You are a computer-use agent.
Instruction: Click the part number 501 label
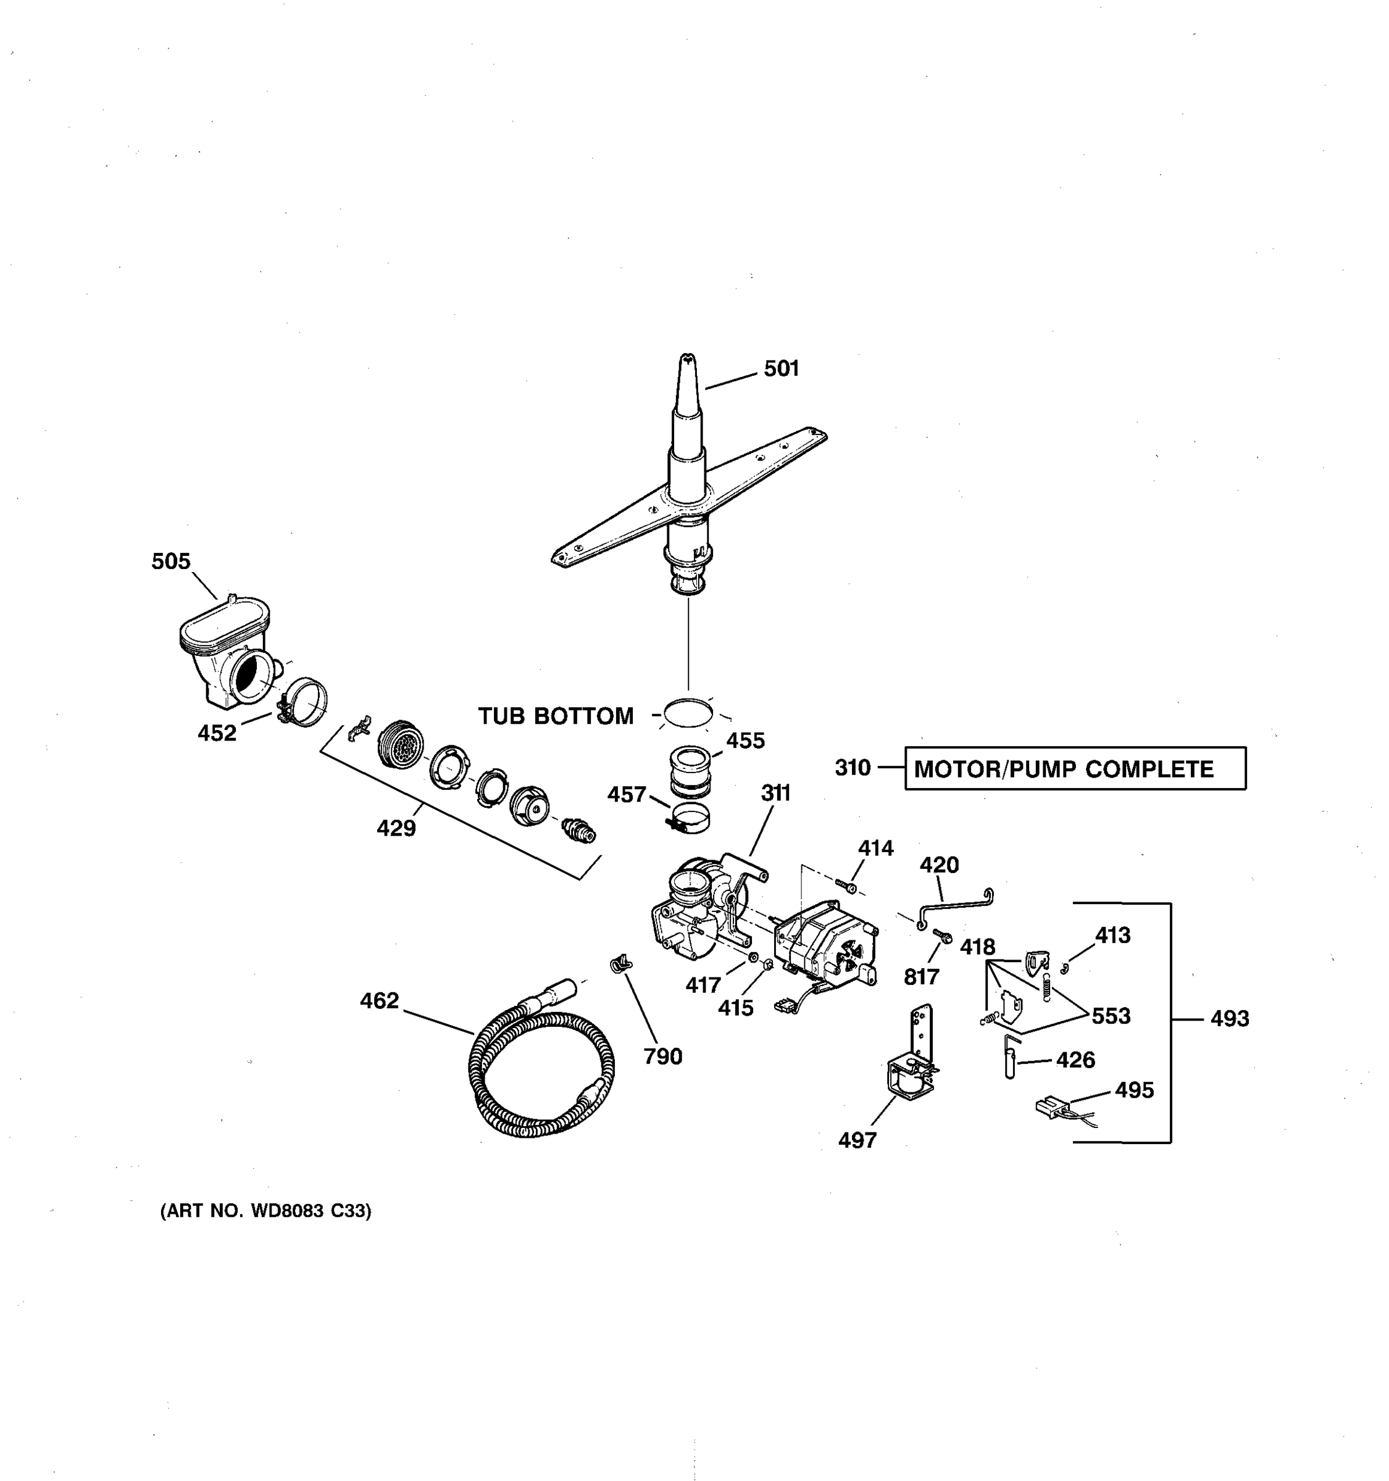[781, 369]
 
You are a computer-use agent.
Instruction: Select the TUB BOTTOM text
[555, 716]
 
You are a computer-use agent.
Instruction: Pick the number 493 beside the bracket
[1228, 1018]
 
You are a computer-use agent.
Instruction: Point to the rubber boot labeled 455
[690, 771]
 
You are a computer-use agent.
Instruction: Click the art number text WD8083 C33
[266, 1211]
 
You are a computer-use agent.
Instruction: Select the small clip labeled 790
[620, 965]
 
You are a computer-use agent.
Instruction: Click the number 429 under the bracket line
[396, 828]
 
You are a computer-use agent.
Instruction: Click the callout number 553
[1111, 1016]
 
